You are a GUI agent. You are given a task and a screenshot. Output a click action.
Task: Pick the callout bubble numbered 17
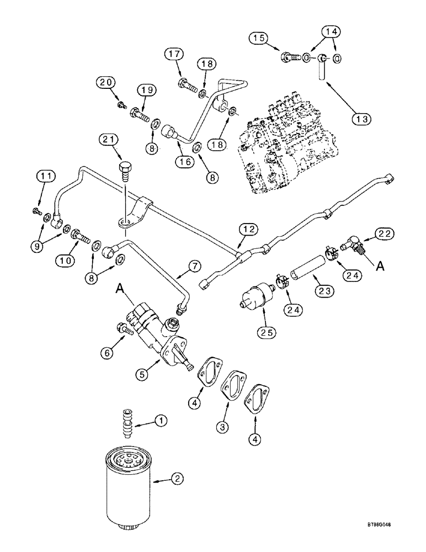[x=173, y=55]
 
